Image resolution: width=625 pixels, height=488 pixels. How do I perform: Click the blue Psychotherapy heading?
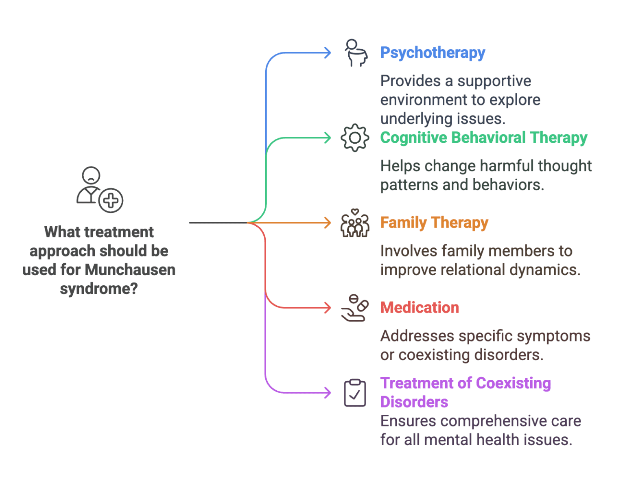[x=433, y=53]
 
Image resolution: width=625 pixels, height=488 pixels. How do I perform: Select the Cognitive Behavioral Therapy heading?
[x=483, y=138]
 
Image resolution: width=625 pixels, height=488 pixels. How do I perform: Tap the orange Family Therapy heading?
[x=434, y=223]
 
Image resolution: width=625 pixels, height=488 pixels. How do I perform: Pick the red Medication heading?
[x=420, y=308]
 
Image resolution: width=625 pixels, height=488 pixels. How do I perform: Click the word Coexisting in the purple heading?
[x=513, y=383]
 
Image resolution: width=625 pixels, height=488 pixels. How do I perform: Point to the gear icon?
[x=355, y=138]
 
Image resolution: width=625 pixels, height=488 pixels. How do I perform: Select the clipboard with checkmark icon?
[x=355, y=393]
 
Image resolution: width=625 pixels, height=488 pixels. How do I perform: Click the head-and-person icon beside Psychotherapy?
[x=356, y=53]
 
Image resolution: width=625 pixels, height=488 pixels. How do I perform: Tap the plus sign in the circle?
[x=111, y=200]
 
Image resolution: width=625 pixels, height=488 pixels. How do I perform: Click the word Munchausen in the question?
[x=131, y=270]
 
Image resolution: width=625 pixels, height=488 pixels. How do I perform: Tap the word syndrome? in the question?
[x=99, y=289]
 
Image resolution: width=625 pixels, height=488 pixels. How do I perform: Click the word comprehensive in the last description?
[x=492, y=421]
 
